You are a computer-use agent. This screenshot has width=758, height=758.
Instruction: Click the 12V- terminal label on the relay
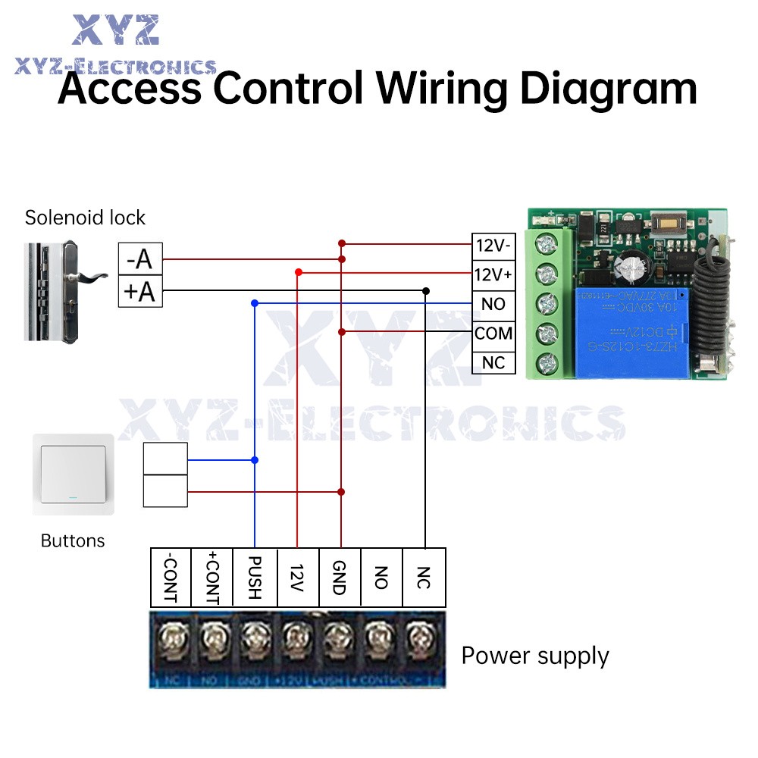point(493,246)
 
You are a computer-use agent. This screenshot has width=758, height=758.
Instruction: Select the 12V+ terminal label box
point(493,274)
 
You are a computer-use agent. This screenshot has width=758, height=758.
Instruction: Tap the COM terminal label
point(493,334)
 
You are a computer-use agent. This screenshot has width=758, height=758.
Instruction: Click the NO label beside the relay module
point(493,304)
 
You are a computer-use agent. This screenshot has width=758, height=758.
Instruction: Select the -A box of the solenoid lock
point(140,260)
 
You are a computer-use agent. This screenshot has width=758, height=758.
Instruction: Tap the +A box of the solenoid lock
point(140,291)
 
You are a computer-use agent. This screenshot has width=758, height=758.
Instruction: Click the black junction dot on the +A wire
point(426,291)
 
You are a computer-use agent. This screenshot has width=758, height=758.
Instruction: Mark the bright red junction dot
point(298,271)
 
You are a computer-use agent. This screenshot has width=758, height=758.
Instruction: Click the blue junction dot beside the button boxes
point(255,460)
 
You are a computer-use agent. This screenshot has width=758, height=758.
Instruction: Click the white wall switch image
point(73,475)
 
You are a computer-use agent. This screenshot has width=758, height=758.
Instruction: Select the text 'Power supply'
point(535,656)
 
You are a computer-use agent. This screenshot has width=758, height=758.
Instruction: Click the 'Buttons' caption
point(73,541)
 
